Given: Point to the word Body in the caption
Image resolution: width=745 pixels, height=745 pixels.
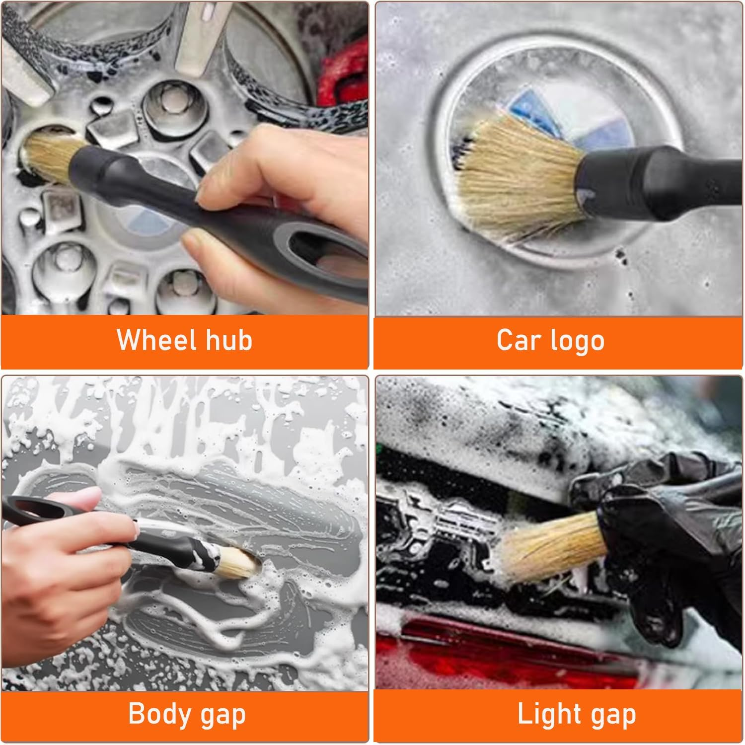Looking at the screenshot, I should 159,714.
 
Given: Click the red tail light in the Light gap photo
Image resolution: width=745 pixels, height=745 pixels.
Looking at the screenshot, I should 497,651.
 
